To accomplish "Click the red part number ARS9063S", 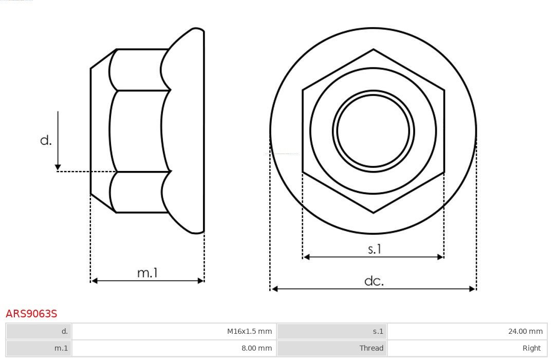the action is point(31,314).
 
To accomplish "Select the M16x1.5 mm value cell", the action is point(174,331).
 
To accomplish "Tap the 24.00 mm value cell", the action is point(467,331).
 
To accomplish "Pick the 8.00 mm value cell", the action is point(174,348).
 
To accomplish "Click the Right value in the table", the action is point(467,348).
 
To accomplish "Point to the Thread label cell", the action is point(332,348).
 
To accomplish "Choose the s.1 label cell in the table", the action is point(332,331).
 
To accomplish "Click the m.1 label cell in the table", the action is point(39,348).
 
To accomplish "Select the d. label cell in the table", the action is point(39,331).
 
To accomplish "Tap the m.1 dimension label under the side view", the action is point(147,273).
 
